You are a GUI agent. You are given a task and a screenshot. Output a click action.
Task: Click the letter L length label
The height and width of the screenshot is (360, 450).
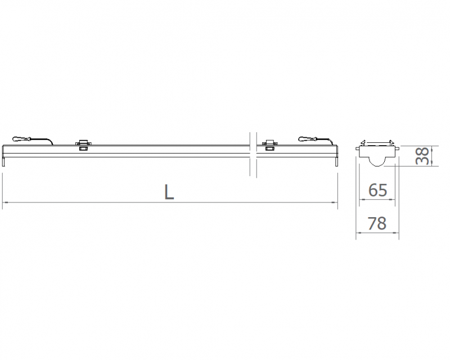click(169, 191)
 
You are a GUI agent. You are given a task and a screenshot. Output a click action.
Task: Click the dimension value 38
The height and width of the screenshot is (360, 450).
click(423, 156)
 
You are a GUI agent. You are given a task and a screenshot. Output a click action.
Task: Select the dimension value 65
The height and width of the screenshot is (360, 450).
click(377, 190)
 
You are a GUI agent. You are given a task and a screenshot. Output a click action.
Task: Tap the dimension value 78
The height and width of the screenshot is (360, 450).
click(377, 223)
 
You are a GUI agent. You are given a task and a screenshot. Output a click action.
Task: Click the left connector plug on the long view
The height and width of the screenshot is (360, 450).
click(21, 139)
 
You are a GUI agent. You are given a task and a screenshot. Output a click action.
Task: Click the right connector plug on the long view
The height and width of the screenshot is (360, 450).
click(308, 139)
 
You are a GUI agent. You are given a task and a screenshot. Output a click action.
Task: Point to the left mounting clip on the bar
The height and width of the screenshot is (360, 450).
click(83, 142)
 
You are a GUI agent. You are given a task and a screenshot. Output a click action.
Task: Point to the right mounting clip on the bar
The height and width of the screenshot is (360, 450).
click(270, 142)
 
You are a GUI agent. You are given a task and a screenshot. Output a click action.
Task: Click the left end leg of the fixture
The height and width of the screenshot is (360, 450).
click(4, 161)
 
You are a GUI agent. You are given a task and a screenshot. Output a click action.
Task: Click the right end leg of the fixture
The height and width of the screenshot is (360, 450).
click(336, 161)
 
